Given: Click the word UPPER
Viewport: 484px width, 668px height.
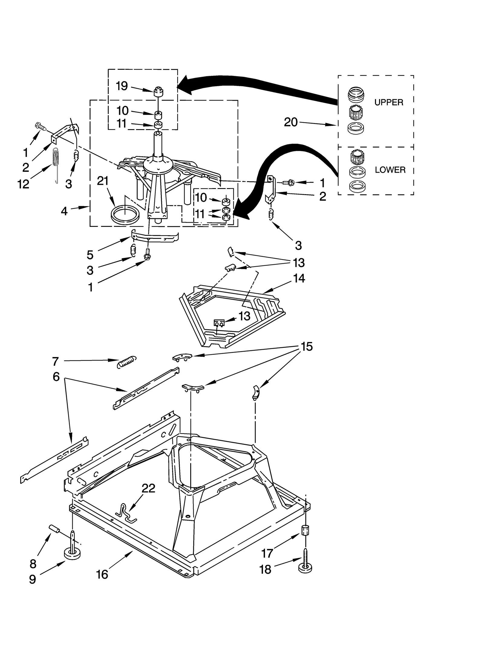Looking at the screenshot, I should pyautogui.click(x=389, y=103).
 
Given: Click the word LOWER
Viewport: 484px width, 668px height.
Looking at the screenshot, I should pyautogui.click(x=390, y=170).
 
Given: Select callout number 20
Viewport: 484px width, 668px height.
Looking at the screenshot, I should pyautogui.click(x=291, y=122).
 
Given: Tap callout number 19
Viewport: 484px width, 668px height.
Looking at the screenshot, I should pyautogui.click(x=122, y=86).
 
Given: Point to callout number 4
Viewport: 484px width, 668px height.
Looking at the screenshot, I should pyautogui.click(x=64, y=211).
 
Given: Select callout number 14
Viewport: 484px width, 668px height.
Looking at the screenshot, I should pyautogui.click(x=299, y=278).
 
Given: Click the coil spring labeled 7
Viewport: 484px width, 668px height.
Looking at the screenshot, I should pyautogui.click(x=126, y=361).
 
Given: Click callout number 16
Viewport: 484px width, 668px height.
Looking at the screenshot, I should pyautogui.click(x=102, y=574).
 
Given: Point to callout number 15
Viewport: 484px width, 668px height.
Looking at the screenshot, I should pyautogui.click(x=306, y=347).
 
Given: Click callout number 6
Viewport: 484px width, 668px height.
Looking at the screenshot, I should pyautogui.click(x=56, y=377).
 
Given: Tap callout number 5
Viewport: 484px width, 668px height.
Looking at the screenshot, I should pyautogui.click(x=90, y=255).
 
